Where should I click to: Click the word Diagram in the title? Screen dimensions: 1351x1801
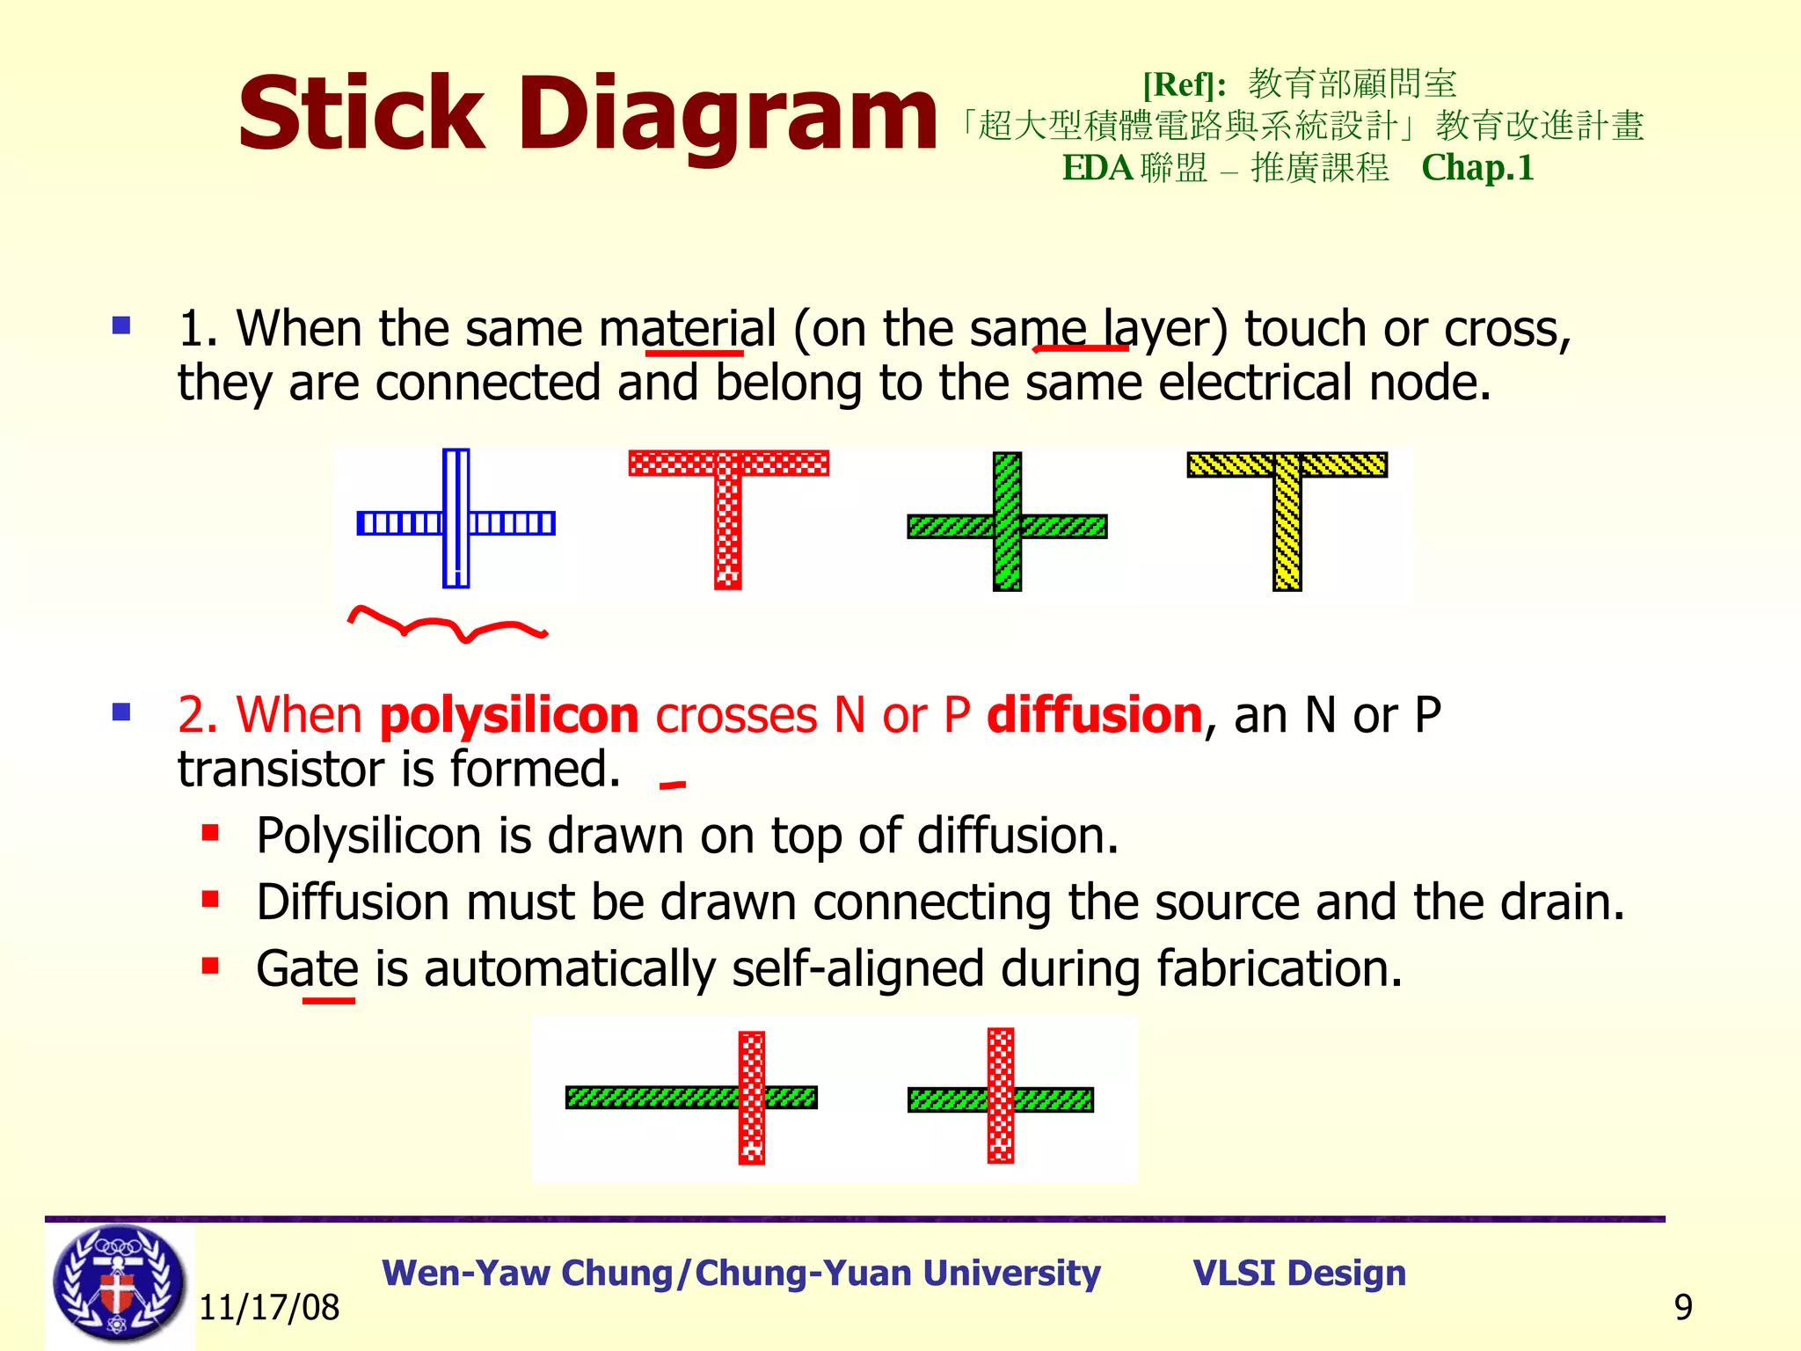(728, 114)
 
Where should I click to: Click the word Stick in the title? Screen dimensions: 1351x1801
(361, 114)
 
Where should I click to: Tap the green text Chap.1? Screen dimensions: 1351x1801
(1477, 167)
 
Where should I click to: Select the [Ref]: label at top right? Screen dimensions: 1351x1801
(1185, 84)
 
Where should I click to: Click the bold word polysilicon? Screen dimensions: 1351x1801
(508, 714)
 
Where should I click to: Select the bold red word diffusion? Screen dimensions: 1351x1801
(1094, 714)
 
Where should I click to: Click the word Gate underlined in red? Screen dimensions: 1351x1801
(307, 968)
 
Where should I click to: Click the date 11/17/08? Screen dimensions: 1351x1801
(269, 1308)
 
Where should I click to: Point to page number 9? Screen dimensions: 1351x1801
(1683, 1308)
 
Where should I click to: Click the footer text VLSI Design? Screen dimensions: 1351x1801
(1299, 1273)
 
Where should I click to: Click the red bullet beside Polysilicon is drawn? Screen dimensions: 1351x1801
(210, 832)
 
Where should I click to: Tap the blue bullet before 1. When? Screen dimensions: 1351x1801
(121, 326)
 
